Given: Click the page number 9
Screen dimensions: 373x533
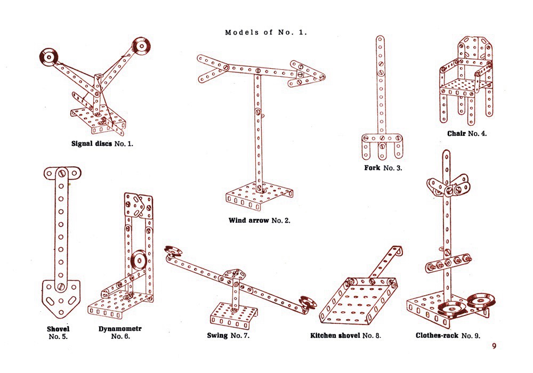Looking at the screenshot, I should [494, 346].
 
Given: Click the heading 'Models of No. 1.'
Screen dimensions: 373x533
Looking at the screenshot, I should [266, 33].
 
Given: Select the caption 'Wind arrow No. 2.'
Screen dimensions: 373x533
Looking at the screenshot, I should [260, 220].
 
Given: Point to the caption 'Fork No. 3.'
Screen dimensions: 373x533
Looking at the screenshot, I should [383, 168].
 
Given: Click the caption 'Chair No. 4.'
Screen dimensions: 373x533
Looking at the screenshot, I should [467, 133].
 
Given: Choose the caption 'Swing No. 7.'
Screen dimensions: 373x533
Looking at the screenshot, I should [229, 336].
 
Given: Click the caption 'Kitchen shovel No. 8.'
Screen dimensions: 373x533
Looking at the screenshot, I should [345, 336].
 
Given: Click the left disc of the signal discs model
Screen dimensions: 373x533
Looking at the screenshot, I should [50, 56].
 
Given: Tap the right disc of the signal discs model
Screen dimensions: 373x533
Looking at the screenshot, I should [141, 46].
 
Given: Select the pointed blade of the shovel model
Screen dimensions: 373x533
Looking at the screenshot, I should [60, 298].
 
